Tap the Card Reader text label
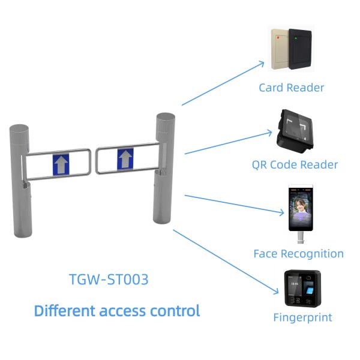coord(292,88)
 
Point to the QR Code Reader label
coord(295,164)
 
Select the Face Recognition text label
coord(299,254)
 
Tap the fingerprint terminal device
coord(302,290)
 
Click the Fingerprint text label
coord(302,317)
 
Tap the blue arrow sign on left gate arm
coord(61,163)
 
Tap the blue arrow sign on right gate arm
coord(124,159)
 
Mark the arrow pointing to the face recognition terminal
coord(234,203)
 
